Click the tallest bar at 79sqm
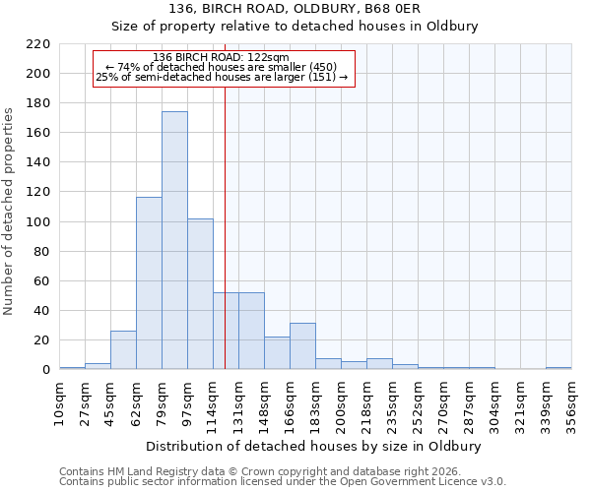pyautogui.click(x=174, y=241)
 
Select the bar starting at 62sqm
pyautogui.click(x=149, y=283)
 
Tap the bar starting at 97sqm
pyautogui.click(x=200, y=294)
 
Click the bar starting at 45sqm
pyautogui.click(x=123, y=350)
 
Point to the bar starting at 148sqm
pyautogui.click(x=277, y=353)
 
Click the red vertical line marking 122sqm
pyautogui.click(x=226, y=197)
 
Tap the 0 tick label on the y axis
pyautogui.click(x=45, y=370)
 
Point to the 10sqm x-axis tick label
pyautogui.click(x=59, y=402)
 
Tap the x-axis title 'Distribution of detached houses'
pyautogui.click(x=314, y=447)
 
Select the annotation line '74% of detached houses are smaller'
pyautogui.click(x=222, y=67)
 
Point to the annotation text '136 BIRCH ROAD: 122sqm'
pyautogui.click(x=222, y=57)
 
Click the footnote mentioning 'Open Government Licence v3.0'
pyautogui.click(x=283, y=481)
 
